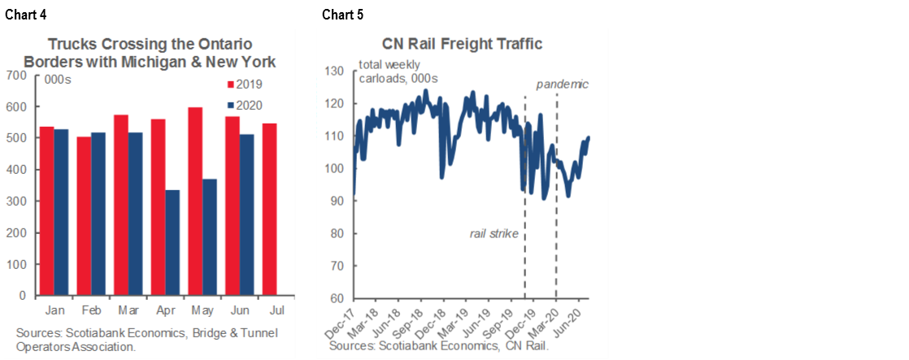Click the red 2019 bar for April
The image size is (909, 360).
[159, 207]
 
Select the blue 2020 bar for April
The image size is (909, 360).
[172, 243]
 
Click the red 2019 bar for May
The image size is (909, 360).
[194, 202]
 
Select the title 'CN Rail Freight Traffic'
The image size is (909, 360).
[462, 44]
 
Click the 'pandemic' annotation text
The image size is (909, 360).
[562, 84]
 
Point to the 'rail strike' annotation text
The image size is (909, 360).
[494, 234]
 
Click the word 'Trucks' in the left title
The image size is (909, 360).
[70, 44]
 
